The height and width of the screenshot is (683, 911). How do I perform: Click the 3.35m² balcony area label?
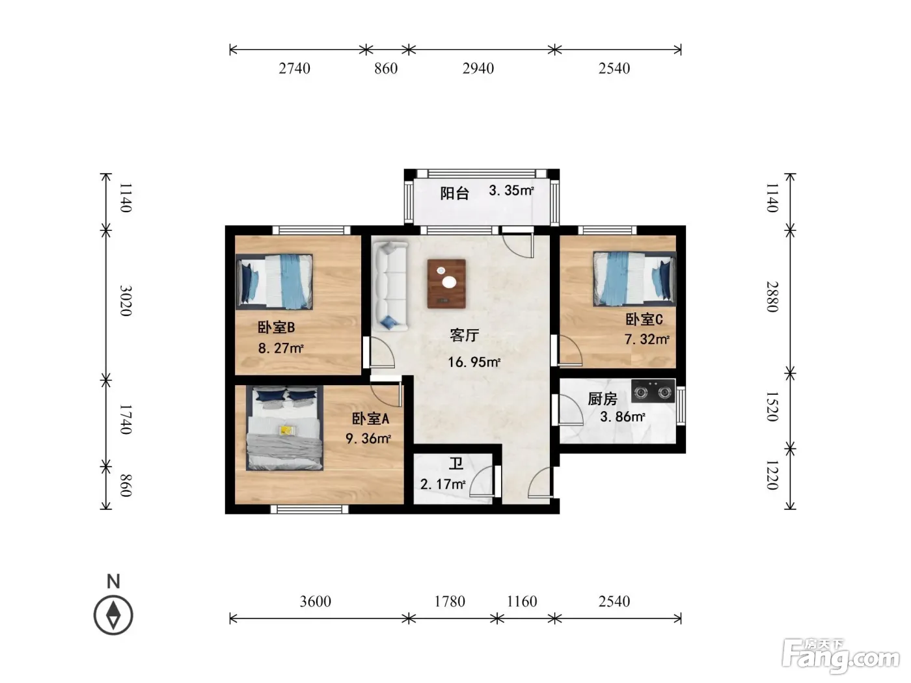click(x=511, y=191)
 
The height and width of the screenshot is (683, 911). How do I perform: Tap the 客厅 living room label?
click(x=465, y=335)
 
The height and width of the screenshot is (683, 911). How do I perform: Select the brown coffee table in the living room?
click(x=446, y=284)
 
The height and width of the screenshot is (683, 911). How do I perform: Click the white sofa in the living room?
click(x=390, y=286)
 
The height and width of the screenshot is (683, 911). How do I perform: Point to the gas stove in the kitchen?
click(x=653, y=391)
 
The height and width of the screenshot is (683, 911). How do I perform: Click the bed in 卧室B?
click(x=274, y=282)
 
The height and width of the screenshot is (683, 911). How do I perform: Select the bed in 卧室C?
click(x=634, y=278)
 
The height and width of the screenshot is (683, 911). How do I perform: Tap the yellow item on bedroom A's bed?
click(x=285, y=431)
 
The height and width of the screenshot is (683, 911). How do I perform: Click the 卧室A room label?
click(x=370, y=419)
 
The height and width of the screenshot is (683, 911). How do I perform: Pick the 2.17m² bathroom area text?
click(x=443, y=484)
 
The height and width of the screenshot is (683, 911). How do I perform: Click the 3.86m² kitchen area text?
click(x=623, y=416)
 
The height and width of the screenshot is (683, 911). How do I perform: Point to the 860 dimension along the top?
click(x=386, y=68)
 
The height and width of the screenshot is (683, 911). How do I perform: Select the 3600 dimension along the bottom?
click(x=316, y=601)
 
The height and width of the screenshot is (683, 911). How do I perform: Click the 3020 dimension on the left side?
click(x=126, y=301)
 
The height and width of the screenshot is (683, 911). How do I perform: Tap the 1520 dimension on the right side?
click(x=772, y=407)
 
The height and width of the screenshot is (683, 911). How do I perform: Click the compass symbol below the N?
click(x=113, y=615)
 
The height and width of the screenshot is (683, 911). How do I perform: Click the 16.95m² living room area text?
click(x=474, y=362)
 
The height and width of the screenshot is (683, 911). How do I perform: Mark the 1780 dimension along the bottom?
click(x=450, y=601)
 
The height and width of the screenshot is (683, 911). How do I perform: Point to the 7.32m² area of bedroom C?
click(x=647, y=339)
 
